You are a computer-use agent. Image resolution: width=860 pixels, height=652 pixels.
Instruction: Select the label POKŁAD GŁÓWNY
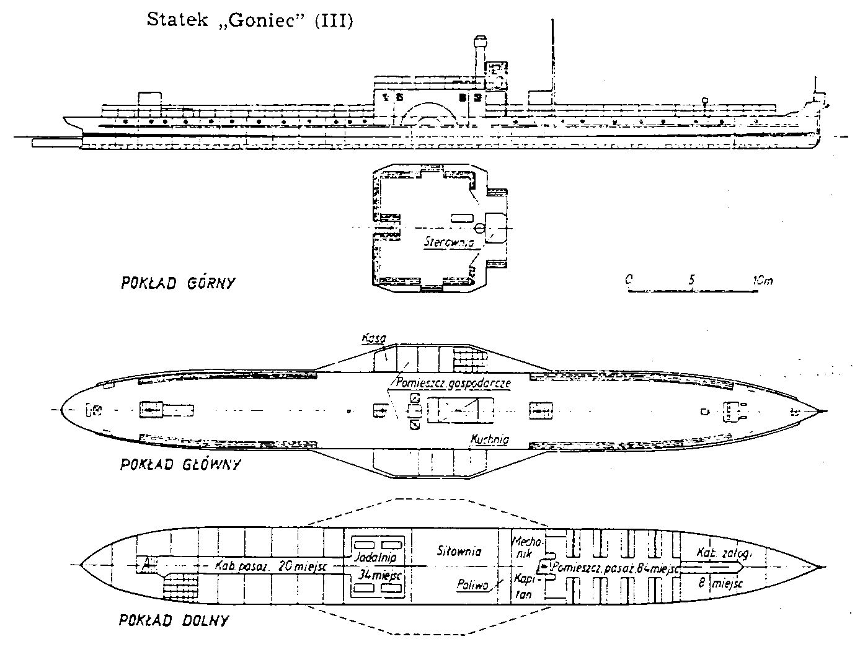180,464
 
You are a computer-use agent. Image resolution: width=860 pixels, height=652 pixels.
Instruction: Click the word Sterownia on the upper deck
449,241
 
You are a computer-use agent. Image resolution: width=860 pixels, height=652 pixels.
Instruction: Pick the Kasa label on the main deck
375,338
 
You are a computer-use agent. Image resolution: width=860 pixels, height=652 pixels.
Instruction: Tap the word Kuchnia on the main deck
490,439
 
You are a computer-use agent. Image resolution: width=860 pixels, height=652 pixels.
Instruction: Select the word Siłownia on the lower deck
459,551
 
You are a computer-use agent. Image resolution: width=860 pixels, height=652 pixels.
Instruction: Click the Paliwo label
473,584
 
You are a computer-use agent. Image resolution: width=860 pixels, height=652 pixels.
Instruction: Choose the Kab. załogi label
724,553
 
